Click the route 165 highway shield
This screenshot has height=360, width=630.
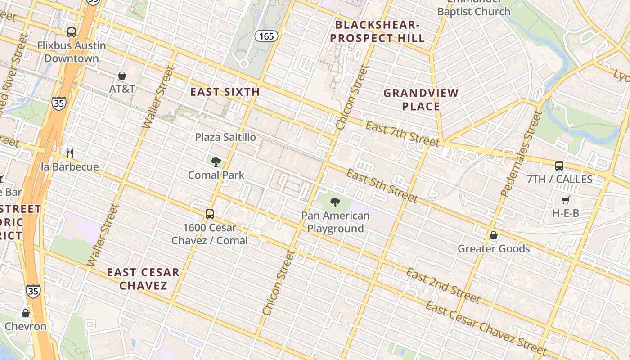click(266, 36)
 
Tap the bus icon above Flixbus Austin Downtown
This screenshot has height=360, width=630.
click(72, 32)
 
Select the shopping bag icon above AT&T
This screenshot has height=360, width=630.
click(121, 76)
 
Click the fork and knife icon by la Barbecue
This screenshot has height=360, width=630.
click(70, 153)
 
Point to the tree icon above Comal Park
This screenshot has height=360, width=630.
click(216, 162)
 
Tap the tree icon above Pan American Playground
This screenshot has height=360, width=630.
click(335, 202)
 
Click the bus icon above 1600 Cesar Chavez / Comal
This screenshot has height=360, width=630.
click(210, 214)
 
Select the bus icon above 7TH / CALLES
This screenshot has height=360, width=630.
click(559, 166)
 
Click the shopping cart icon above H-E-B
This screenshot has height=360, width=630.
click(566, 200)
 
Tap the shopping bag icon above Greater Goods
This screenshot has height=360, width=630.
click(494, 235)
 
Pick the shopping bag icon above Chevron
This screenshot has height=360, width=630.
click(26, 313)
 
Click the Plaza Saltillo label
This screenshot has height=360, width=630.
click(225, 137)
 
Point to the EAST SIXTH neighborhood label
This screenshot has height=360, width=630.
click(225, 92)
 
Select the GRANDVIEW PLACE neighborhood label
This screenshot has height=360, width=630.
click(421, 100)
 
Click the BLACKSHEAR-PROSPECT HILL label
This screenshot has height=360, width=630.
click(378, 31)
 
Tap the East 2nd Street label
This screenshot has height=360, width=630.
click(443, 285)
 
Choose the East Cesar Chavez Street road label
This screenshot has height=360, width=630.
click(486, 328)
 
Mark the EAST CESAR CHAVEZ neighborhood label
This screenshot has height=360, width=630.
click(143, 279)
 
